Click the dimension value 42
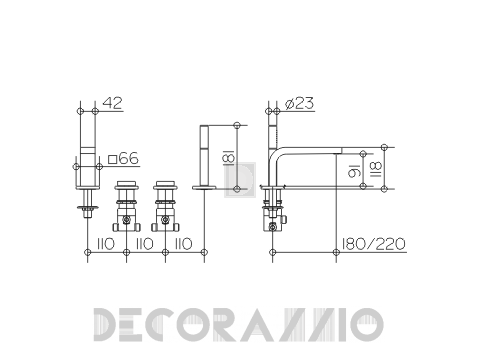pos(112,103)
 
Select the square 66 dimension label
pos(123,159)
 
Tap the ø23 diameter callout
pos(299,104)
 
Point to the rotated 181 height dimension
pos(229,157)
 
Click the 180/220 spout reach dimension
pos(373,244)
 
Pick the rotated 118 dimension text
pos(376,170)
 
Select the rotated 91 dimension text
pos(354,170)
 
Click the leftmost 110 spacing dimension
pos(106,244)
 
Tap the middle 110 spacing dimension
pos(145,244)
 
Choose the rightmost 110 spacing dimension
pos(184,244)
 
